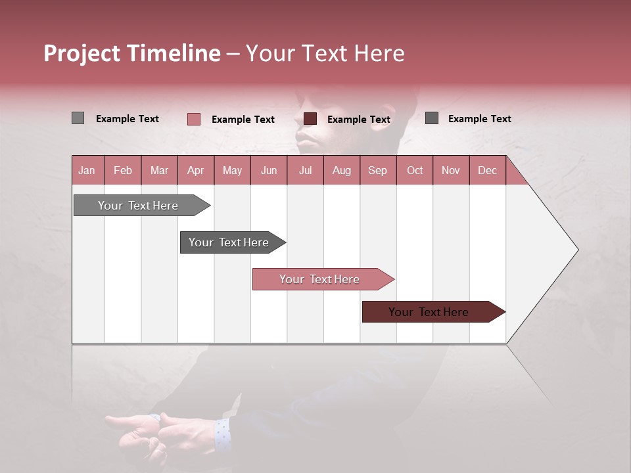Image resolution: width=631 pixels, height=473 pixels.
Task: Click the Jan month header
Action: coord(87,170)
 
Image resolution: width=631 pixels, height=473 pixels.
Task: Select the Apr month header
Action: coord(196,170)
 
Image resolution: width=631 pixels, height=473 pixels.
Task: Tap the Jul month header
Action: coord(305,170)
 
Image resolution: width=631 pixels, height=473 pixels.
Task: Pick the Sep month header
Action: coord(377,170)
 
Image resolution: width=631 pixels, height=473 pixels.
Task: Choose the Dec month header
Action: coord(487,170)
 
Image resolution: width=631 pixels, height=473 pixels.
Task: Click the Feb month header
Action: coord(123,170)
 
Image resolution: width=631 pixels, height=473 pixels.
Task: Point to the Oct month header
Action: coord(414,170)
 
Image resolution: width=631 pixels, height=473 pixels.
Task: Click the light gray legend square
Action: coord(78,118)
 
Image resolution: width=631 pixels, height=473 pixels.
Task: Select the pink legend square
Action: coord(193,119)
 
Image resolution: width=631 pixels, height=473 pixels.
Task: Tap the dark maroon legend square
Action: coord(310,119)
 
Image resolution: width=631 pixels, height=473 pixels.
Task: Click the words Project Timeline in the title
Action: coord(131,53)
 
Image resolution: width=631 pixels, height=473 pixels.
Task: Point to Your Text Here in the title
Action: coord(325,53)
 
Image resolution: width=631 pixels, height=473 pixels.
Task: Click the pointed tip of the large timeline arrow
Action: coord(576,250)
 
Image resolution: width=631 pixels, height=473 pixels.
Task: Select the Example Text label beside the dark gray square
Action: coord(479,119)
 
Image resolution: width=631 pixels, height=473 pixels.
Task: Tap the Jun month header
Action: coord(269,170)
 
